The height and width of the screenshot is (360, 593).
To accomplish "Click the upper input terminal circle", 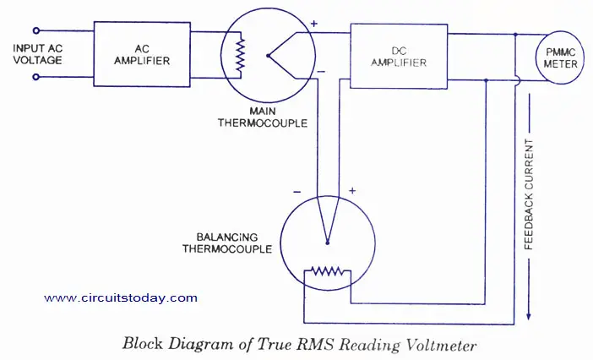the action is (36, 30).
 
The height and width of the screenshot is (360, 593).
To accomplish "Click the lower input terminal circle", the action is (36, 77).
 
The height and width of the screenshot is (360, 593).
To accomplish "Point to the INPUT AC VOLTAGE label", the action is (37, 54).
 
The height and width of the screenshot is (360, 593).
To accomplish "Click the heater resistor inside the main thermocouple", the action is (240, 55).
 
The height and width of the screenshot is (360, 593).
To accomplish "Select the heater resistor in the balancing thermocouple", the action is (327, 271).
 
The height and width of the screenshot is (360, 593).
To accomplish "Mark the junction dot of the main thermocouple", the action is (268, 56).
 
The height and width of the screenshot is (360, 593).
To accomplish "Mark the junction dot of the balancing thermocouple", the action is (328, 243).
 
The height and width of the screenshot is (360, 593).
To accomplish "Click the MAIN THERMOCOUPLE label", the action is (263, 117).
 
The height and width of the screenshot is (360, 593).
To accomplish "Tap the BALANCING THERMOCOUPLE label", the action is (227, 243).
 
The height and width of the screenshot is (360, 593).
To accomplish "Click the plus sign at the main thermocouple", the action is (314, 24).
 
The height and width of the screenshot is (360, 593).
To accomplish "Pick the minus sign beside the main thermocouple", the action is (321, 72).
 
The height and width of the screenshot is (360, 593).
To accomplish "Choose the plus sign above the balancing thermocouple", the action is (352, 191).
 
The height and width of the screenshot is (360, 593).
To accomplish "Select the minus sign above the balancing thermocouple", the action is (296, 192).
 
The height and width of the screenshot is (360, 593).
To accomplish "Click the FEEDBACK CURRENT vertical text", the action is (529, 194).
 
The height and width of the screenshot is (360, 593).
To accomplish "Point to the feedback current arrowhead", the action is (529, 316).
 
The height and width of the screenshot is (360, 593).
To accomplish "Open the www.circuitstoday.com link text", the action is (121, 298).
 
